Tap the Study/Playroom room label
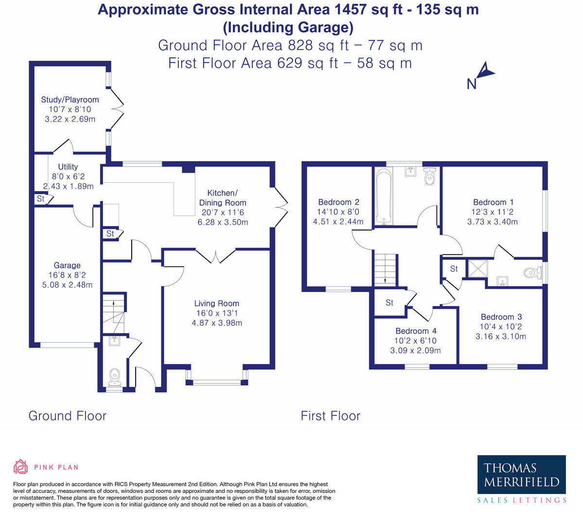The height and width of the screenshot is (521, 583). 70,100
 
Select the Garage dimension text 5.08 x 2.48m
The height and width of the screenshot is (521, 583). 67,285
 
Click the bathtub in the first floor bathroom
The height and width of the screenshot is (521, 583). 384,196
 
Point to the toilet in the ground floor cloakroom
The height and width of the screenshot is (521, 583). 115,377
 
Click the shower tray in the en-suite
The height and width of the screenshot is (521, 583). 478,269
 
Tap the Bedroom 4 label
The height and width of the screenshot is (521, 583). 416,331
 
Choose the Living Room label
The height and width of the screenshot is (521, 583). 217,303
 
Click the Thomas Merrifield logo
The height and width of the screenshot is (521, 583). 521,479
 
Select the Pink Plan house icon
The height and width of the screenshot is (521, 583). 20,467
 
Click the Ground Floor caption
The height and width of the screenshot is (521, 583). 68,416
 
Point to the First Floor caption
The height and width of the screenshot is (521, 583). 330,416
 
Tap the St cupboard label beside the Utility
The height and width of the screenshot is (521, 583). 41,198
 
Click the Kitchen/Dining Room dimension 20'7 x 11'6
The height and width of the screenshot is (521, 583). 223,212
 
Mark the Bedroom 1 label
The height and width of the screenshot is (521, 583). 493,202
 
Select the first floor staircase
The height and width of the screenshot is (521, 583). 385,270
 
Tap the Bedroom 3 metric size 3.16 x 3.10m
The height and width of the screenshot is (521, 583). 501,336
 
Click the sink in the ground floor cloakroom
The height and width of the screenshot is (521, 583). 115,341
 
